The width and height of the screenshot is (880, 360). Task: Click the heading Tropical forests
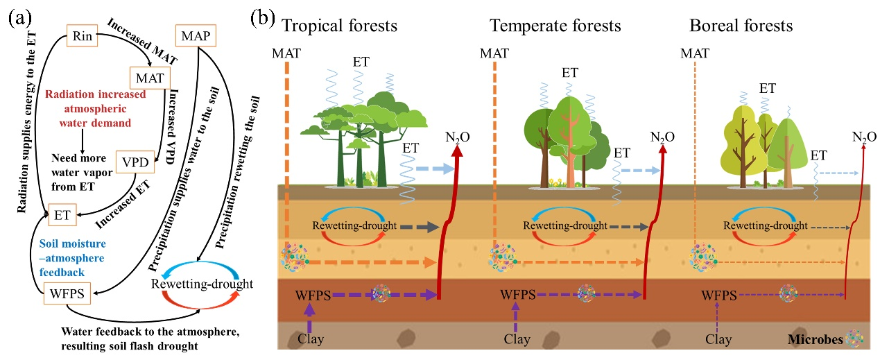pos(338,26)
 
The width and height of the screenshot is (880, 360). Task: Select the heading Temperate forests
pos(555,26)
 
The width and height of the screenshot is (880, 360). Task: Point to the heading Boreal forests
pos(741,26)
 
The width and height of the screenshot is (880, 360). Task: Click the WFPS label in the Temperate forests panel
pos(516,295)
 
